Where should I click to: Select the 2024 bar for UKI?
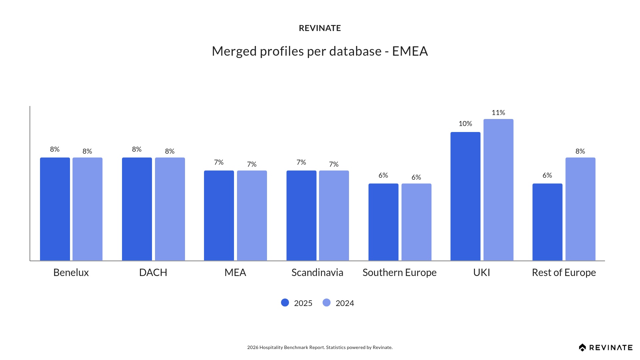tap(498, 190)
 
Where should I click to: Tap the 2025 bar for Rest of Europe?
tap(547, 222)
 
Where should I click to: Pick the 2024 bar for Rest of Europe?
tap(580, 209)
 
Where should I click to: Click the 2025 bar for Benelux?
tap(55, 209)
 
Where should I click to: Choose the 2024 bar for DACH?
tap(170, 209)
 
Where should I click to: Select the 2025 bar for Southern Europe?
tap(383, 222)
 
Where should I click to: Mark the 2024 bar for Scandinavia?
tap(334, 215)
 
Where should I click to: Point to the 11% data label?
tap(498, 113)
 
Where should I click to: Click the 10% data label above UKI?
tap(465, 124)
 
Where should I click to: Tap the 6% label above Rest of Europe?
tap(547, 175)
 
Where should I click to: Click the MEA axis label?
tap(235, 273)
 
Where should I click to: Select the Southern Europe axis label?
tap(399, 273)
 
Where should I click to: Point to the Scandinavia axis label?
tap(317, 273)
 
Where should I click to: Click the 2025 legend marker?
tap(285, 303)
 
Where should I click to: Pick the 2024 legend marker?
tap(327, 303)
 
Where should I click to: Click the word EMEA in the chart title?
tap(410, 51)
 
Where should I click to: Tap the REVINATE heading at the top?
tap(320, 28)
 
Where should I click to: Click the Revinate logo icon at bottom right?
tap(582, 348)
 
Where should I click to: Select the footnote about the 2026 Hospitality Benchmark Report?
tap(320, 347)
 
